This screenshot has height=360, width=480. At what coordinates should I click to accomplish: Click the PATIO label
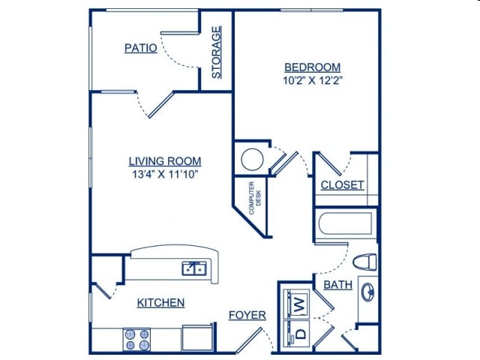(x=141, y=48)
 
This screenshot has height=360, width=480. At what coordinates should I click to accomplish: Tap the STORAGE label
(x=217, y=52)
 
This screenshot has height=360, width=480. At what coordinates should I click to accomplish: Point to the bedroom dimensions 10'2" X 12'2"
(x=314, y=79)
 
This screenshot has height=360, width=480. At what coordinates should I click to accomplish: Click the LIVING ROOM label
(x=164, y=161)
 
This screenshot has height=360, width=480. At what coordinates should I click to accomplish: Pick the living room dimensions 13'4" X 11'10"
(x=164, y=174)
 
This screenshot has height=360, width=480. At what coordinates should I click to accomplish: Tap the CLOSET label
(x=342, y=185)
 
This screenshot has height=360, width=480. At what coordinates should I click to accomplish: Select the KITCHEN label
(x=160, y=303)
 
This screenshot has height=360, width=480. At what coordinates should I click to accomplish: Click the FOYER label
(x=247, y=315)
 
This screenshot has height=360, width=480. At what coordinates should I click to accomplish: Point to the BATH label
(x=338, y=286)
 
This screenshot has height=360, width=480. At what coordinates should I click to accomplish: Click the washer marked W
(x=298, y=304)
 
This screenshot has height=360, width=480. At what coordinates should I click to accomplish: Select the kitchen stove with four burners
(x=137, y=340)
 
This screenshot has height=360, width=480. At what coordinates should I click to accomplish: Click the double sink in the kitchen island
(x=195, y=268)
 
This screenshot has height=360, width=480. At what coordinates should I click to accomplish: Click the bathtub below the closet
(x=345, y=223)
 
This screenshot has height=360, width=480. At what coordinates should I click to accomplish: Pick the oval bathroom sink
(x=368, y=291)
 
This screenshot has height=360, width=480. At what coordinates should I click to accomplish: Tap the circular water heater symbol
(x=251, y=159)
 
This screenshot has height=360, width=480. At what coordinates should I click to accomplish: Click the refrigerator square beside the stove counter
(x=198, y=337)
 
